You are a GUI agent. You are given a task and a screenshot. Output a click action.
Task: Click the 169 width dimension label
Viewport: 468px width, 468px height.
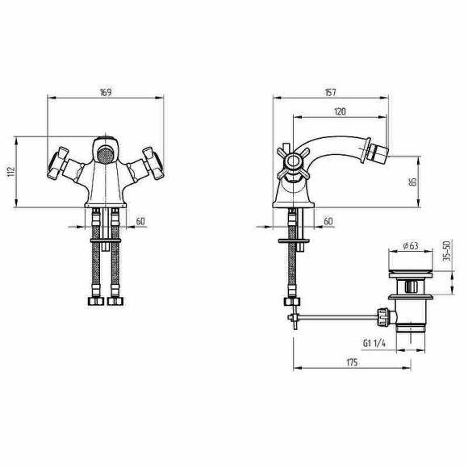coord(106,92)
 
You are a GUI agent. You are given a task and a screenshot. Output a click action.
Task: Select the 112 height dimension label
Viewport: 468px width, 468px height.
coord(10,172)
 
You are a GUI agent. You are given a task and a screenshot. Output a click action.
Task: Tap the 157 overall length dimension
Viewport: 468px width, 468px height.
coord(330,93)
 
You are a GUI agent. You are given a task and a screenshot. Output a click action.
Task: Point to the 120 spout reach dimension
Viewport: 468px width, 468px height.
coord(340,111)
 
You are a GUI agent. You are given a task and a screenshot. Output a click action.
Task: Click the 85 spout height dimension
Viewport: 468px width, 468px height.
coord(413,182)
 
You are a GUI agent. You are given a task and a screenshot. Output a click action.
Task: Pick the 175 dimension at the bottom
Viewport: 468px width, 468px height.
coord(352,362)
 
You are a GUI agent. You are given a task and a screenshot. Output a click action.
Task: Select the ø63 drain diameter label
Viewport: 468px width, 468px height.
coord(411,245)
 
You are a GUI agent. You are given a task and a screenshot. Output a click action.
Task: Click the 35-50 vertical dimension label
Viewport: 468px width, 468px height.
coord(447,251)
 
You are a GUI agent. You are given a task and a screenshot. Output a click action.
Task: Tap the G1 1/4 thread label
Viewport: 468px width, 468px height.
coord(374,343)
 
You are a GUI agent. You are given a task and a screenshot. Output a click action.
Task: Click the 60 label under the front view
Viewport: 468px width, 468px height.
coord(140,221)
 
